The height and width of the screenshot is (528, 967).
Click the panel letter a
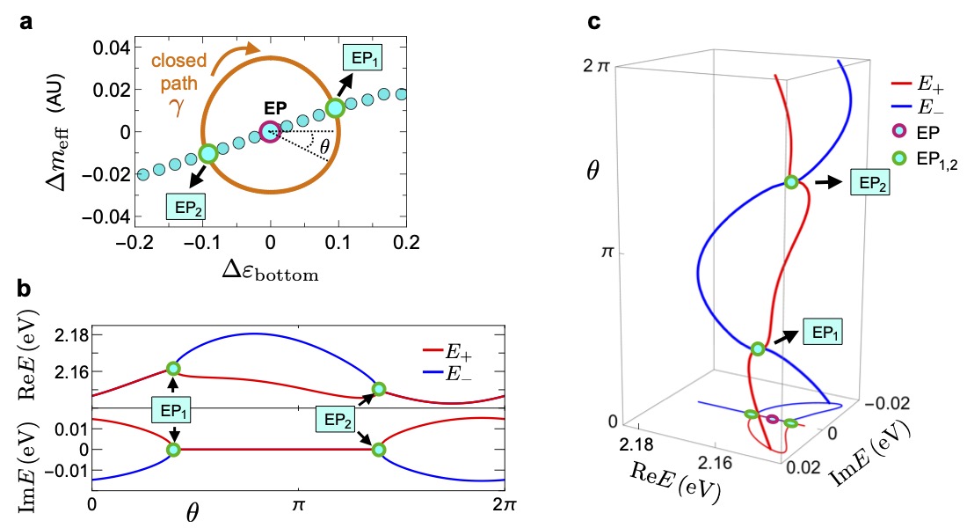[27, 23]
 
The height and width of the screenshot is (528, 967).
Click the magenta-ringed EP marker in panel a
[270, 132]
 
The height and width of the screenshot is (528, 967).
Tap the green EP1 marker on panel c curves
[758, 348]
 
